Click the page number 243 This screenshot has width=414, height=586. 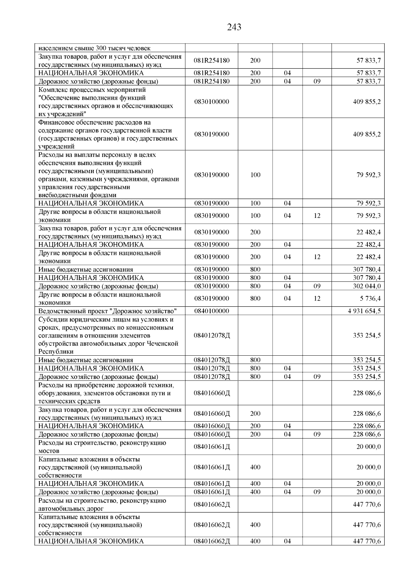(234, 27)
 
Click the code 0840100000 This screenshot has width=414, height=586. (211, 311)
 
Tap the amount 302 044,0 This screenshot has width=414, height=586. (367, 286)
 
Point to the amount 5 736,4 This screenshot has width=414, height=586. (369, 298)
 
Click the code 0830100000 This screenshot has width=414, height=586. (211, 102)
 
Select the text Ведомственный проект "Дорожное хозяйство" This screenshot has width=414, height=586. (107, 311)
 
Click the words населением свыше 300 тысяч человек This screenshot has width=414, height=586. (94, 48)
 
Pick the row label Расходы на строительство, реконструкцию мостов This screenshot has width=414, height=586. (102, 446)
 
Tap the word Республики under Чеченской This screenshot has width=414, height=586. (56, 352)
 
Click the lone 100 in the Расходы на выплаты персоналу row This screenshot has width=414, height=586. (255, 175)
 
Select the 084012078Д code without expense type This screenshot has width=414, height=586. (211, 335)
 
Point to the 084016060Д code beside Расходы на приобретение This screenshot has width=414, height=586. (211, 393)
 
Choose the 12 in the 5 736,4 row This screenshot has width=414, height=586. (317, 298)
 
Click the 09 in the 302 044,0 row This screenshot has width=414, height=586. (317, 286)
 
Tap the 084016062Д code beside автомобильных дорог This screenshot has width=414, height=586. (211, 505)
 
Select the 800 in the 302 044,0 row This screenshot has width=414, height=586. (255, 286)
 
